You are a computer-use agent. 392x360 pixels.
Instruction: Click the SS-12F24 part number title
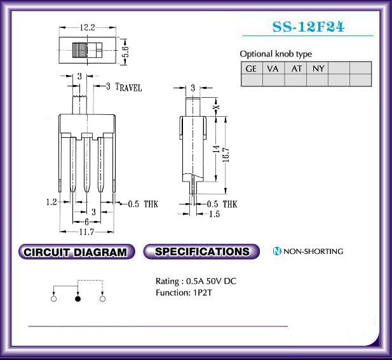point(308,27)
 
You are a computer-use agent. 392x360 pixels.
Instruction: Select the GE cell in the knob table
point(252,68)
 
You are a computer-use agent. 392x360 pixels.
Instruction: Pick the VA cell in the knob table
point(273,68)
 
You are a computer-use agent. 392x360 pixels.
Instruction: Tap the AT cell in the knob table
point(295,68)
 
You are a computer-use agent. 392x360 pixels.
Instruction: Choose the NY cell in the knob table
point(317,68)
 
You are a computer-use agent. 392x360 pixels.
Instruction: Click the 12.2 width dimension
point(87,27)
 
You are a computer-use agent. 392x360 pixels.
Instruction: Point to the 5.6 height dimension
point(126,51)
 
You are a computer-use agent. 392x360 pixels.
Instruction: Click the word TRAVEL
point(128,87)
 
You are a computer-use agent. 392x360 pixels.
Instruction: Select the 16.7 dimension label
point(226,155)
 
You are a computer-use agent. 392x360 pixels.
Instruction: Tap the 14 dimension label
point(217,149)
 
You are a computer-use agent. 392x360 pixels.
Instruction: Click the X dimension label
point(217,107)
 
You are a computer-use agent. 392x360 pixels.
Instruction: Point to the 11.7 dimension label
point(87,232)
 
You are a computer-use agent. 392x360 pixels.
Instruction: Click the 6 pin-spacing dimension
point(87,222)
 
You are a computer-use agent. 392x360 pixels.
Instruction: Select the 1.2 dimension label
point(51,202)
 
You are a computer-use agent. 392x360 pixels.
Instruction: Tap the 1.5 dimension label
point(215,214)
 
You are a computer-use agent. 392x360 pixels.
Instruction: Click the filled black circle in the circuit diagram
point(78,298)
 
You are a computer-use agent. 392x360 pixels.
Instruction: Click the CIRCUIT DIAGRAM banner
point(76,251)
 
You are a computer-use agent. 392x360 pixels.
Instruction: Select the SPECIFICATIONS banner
point(201,251)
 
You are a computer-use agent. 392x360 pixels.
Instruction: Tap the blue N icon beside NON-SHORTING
point(277,251)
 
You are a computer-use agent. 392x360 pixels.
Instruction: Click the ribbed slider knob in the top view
point(80,50)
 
